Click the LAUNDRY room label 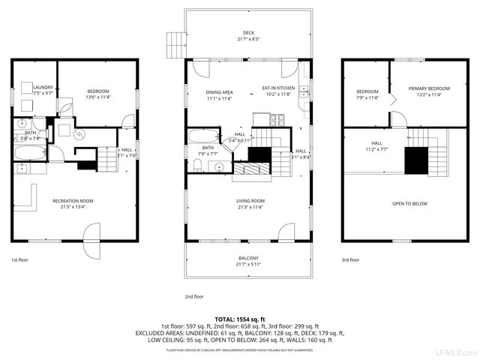pyautogui.click(x=43, y=88)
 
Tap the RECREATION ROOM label pyautogui.click(x=73, y=200)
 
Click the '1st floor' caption pyautogui.click(x=20, y=259)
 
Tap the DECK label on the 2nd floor pyautogui.click(x=248, y=33)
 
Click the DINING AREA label pyautogui.click(x=219, y=92)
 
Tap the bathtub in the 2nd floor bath pyautogui.click(x=202, y=137)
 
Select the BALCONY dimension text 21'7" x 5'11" pyautogui.click(x=248, y=264)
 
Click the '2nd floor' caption pyautogui.click(x=193, y=296)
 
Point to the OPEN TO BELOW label pyautogui.click(x=409, y=203)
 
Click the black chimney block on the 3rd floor pyautogui.click(x=415, y=160)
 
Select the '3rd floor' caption pyautogui.click(x=350, y=259)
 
